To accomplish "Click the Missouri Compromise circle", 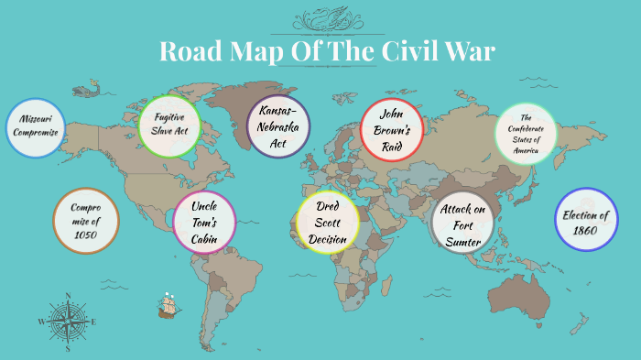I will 36,128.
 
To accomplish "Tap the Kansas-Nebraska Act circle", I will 278,126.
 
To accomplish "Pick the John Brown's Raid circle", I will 392,129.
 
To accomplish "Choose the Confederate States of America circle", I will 526,134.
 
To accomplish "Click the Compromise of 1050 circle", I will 87,220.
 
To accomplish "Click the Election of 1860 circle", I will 587,220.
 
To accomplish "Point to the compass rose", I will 67,322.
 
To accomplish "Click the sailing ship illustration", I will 167,305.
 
